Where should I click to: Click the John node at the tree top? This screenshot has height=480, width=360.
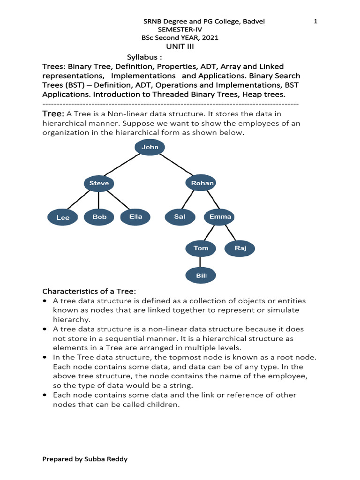click(150, 147)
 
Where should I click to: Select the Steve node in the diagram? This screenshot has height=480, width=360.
click(99, 183)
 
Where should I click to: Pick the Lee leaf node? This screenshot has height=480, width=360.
click(63, 217)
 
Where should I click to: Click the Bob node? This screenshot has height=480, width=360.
click(99, 217)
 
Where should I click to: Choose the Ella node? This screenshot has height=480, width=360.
click(135, 217)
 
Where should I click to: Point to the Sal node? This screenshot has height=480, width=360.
click(179, 217)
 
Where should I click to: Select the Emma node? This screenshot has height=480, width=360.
click(220, 217)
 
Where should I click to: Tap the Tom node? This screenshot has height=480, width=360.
click(201, 248)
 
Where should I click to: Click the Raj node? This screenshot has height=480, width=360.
click(240, 248)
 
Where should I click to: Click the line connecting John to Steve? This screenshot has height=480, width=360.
click(123, 165)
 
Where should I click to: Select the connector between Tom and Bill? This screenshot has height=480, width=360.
click(201, 262)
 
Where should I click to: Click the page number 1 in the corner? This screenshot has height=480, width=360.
click(315, 22)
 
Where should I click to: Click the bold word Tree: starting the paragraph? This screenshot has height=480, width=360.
click(53, 114)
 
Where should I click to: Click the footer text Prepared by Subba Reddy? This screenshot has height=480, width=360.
click(85, 459)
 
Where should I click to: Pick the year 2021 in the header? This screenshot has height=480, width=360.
click(209, 37)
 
